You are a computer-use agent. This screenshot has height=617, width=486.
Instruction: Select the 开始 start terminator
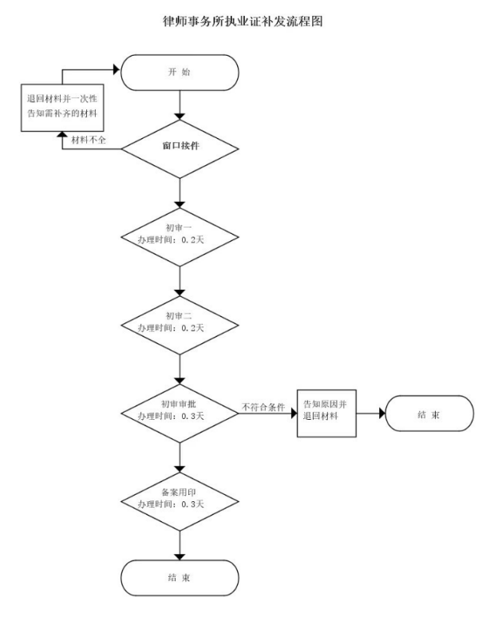coord(180,73)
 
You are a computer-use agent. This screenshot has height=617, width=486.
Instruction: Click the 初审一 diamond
coord(180,237)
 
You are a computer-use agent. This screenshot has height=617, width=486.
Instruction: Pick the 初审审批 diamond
coord(180,413)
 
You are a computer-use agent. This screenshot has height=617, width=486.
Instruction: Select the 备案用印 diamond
coord(180,500)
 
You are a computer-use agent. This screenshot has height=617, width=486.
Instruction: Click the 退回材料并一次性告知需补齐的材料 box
coord(63,106)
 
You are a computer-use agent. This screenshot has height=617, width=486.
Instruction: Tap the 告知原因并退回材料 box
coord(326,413)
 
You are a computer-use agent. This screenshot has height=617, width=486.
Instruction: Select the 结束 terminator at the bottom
coord(180,577)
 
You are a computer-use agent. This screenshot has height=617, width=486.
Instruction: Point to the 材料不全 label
coord(89,140)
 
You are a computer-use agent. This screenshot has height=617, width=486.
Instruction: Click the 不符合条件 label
coord(263,407)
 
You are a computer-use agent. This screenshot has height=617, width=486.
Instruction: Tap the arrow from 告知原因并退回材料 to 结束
coord(370,413)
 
